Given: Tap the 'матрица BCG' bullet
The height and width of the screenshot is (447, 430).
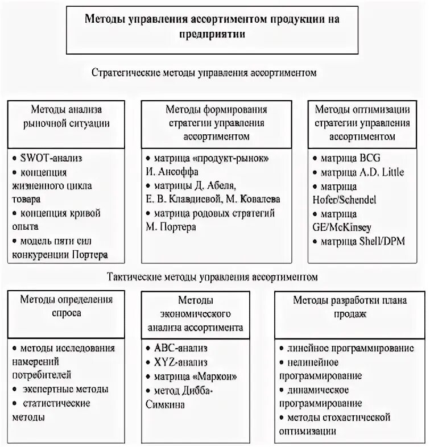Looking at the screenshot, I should (x=345, y=157).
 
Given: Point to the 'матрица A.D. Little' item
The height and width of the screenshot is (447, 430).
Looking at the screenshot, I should (x=357, y=171).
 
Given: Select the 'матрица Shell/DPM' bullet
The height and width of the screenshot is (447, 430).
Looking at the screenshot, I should (x=358, y=241).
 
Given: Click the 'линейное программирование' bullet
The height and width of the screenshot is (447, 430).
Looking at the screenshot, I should (x=351, y=349).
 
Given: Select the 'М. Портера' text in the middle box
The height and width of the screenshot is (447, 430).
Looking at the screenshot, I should (x=171, y=227).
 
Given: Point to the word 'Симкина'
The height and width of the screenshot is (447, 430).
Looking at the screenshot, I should (x=165, y=404).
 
